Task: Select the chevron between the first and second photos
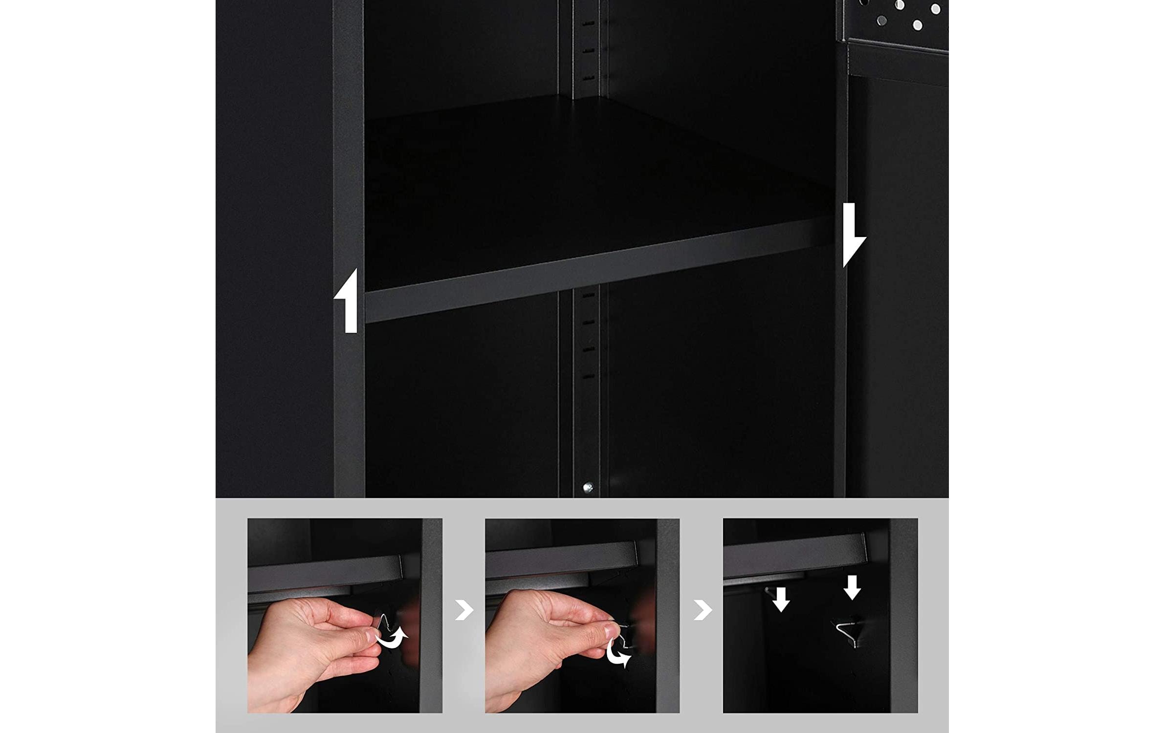pos(464,610)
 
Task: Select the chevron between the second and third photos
pos(702,610)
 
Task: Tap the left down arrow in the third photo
pos(781,600)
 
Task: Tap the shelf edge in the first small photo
pos(325,572)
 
